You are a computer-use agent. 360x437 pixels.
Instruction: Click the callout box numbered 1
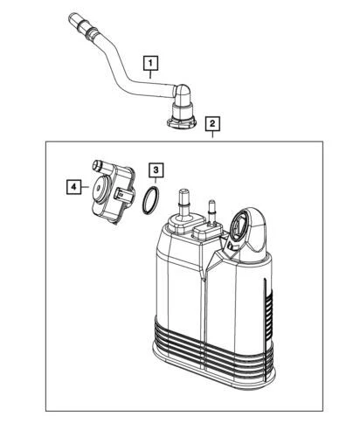(152, 62)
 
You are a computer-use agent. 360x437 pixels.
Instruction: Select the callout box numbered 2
(212, 124)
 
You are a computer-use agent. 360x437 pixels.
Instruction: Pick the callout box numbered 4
(74, 185)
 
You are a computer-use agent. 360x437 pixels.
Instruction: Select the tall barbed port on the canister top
(183, 206)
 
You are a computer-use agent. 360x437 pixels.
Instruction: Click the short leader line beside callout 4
(87, 185)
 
